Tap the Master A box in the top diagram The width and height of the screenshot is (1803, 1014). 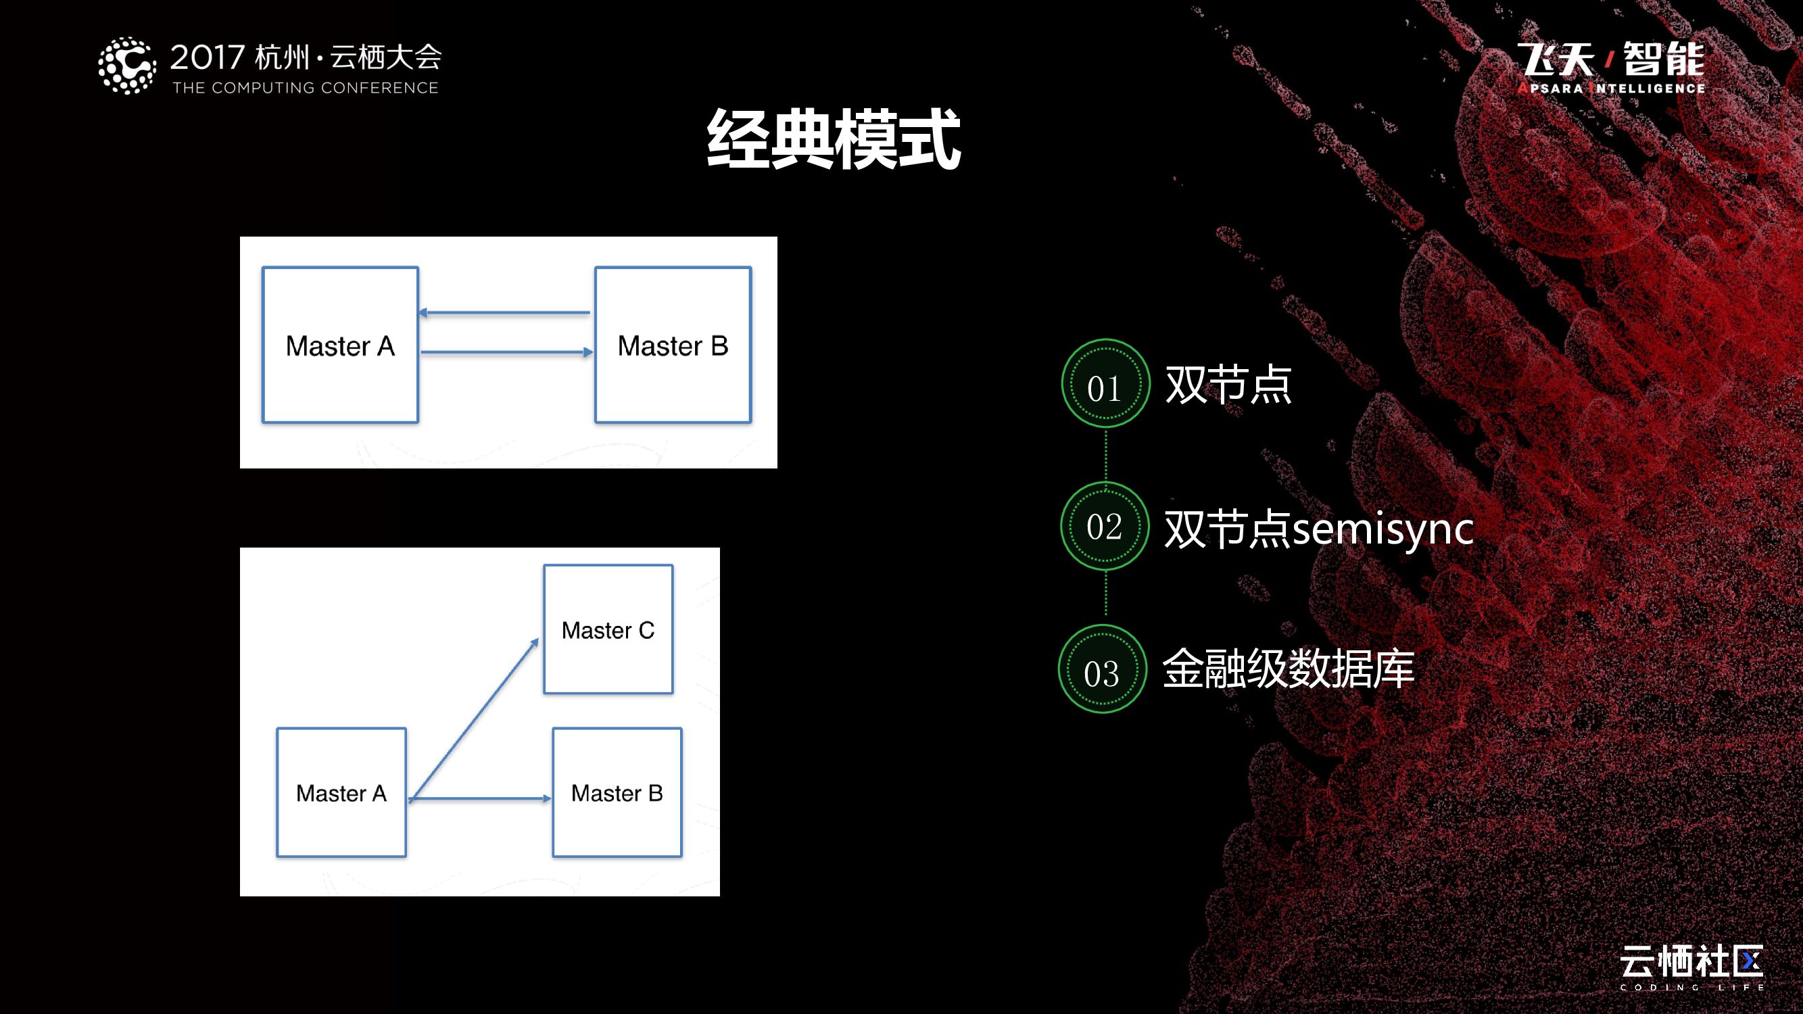pos(340,345)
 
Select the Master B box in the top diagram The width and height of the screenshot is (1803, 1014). pos(673,345)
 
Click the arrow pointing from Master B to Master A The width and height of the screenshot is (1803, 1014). pos(504,313)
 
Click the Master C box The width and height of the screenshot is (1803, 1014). pos(608,629)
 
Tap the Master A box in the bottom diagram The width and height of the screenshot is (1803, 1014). pos(341,792)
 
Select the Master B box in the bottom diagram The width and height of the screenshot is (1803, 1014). pos(617,792)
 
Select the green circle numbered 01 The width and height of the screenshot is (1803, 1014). pos(1105,383)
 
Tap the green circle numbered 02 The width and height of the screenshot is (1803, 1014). pos(1105,526)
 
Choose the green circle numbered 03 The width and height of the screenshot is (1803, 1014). pos(1103,670)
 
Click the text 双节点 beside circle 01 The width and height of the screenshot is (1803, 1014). pos(1228,384)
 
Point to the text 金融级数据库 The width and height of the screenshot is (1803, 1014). pos(1288,669)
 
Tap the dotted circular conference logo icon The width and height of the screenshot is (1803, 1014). pos(126,66)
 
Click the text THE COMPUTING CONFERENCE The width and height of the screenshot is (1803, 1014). pos(305,88)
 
